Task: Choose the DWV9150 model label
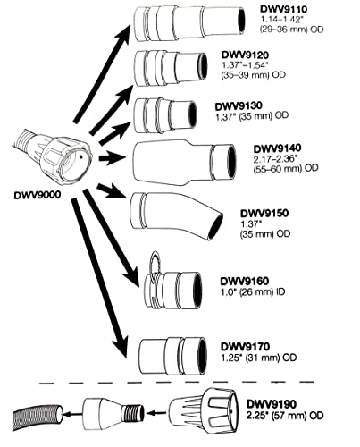point(264,213)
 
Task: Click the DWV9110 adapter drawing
point(169,26)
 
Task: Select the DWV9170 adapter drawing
point(170,354)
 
